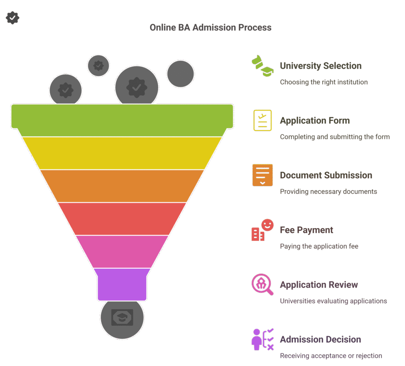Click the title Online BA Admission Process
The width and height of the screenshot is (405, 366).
(x=210, y=27)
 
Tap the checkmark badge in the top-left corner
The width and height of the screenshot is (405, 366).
(x=12, y=18)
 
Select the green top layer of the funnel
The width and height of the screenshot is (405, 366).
(x=122, y=120)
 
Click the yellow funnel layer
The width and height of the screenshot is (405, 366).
(x=122, y=153)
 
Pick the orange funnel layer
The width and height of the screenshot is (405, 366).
(x=122, y=186)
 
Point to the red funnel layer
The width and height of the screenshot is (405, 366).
(x=122, y=219)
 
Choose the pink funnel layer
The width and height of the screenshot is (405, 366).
(x=122, y=252)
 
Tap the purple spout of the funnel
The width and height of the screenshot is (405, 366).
(x=122, y=284)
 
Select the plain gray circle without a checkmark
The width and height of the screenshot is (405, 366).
(x=180, y=74)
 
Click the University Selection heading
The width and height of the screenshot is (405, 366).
(x=320, y=66)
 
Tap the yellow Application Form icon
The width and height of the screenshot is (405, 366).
(x=263, y=120)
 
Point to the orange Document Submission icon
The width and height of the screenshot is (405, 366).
(x=263, y=175)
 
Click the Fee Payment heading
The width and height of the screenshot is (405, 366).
(x=307, y=230)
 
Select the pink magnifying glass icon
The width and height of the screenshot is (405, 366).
(x=263, y=284)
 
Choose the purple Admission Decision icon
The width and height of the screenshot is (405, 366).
(x=263, y=339)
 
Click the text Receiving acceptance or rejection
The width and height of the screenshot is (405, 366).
(x=331, y=356)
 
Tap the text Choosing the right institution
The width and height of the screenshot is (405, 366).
(x=324, y=82)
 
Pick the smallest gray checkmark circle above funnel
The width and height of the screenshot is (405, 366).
(x=98, y=65)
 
